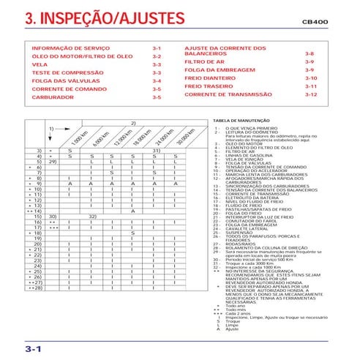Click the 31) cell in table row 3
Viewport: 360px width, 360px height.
(x=156, y=150)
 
